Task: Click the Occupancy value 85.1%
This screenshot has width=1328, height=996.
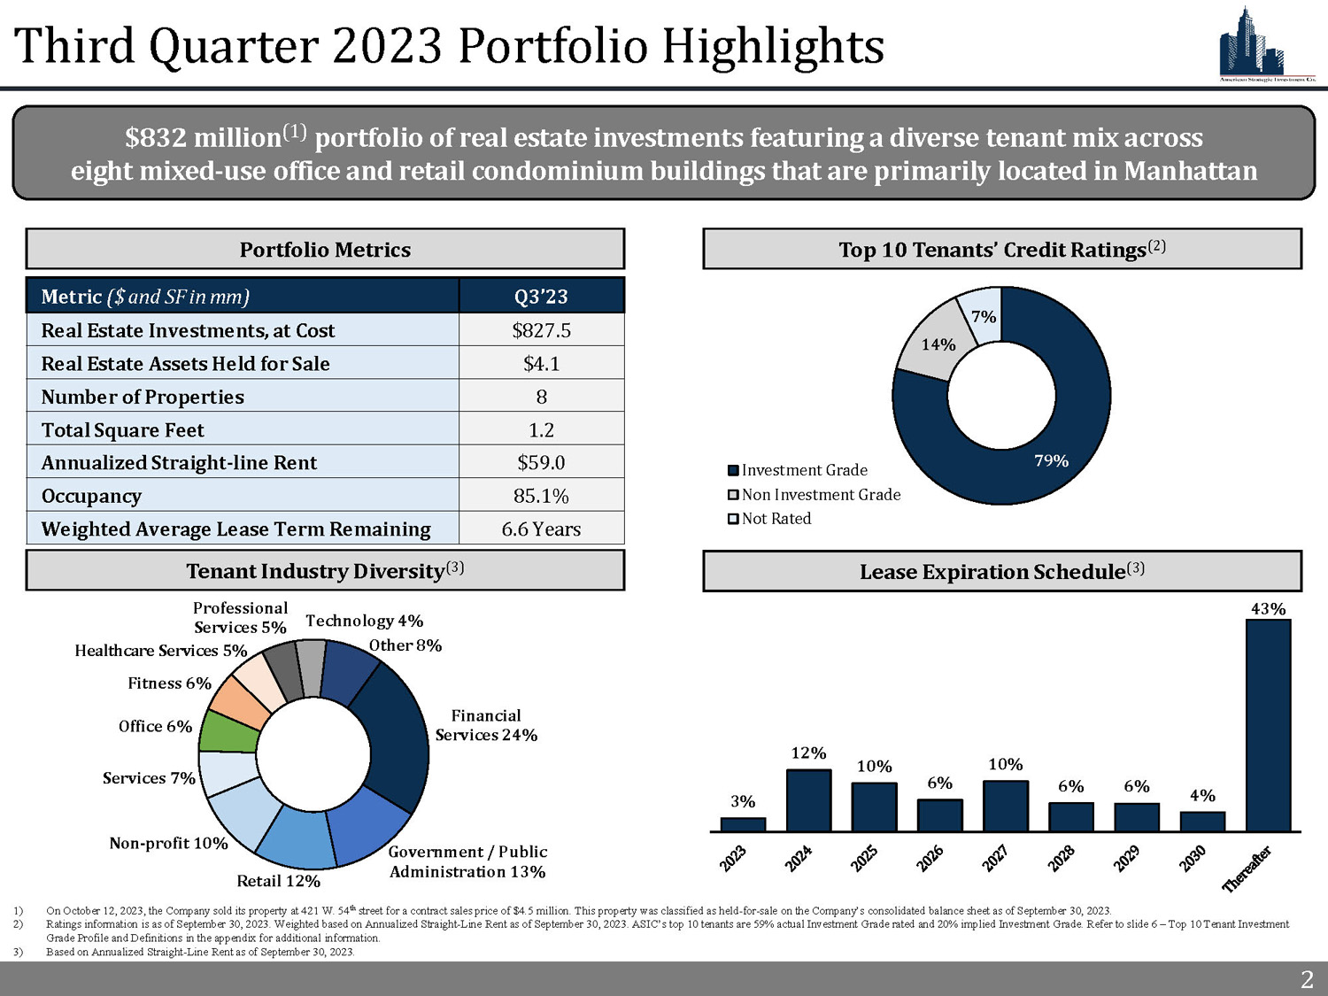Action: (x=541, y=496)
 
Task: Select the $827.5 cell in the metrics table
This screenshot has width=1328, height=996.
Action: (x=541, y=330)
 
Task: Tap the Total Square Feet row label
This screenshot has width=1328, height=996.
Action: (x=123, y=430)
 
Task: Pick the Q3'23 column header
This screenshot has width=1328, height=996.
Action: (x=541, y=297)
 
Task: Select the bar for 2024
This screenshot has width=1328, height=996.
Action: (x=808, y=800)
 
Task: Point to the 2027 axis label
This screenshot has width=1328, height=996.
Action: (x=995, y=859)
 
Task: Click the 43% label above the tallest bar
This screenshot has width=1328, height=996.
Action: (x=1268, y=608)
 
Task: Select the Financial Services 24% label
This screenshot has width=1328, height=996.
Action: (x=486, y=725)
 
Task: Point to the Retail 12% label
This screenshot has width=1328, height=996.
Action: (x=278, y=881)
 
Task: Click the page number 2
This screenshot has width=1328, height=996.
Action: (x=1307, y=979)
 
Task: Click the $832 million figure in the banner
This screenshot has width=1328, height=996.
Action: (x=204, y=138)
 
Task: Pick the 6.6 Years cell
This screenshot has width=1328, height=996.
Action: (x=541, y=529)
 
